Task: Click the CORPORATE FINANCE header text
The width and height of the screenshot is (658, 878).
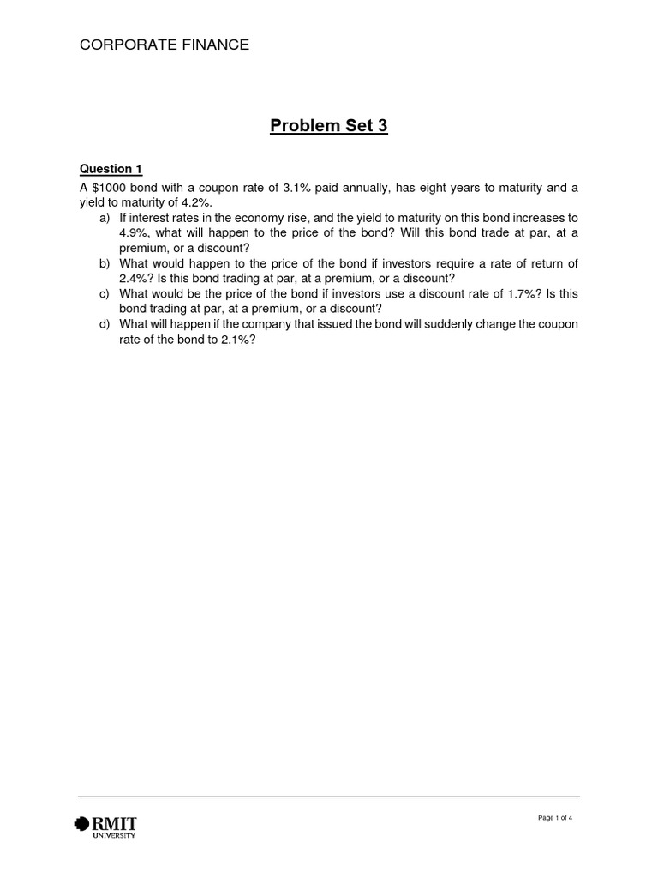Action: [164, 45]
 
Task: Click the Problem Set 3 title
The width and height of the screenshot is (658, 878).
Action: [329, 126]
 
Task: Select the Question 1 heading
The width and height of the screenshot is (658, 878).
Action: [111, 169]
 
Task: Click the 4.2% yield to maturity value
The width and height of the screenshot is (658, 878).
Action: [194, 202]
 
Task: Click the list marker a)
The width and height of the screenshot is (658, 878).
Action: [105, 218]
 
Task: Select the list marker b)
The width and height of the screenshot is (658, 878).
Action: [105, 263]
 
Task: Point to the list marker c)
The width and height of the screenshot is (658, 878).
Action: [105, 294]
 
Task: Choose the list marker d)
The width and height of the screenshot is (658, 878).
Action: [105, 324]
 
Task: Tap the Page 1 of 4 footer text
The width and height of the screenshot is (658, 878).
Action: [555, 818]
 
